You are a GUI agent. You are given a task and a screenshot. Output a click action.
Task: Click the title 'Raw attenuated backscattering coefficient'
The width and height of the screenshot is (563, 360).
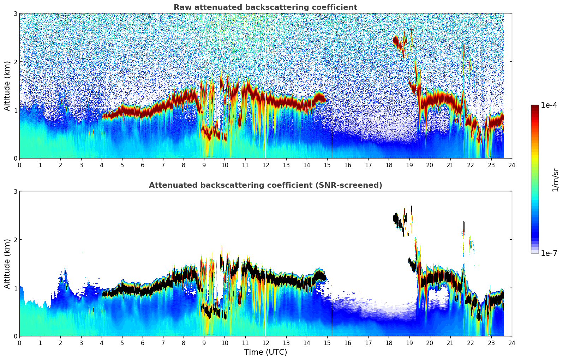265,7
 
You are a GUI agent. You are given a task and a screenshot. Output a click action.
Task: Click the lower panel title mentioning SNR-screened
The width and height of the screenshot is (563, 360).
265,185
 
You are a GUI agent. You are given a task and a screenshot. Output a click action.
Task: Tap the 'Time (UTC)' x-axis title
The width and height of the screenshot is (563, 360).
265,352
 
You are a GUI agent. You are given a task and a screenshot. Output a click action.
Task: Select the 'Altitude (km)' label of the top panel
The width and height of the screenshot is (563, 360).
7,86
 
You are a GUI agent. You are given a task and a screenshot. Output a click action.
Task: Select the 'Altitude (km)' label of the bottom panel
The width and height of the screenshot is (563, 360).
7,264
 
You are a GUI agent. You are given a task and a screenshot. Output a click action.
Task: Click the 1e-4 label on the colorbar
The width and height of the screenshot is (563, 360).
549,105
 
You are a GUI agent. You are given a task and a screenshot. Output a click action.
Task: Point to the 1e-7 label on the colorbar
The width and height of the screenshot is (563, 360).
549,253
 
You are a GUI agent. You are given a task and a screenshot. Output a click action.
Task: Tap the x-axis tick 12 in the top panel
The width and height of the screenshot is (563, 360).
265,165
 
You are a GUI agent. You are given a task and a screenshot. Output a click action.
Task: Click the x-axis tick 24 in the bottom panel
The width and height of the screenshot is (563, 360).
511,343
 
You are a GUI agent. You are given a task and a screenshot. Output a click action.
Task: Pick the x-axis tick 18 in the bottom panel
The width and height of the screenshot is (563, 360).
389,343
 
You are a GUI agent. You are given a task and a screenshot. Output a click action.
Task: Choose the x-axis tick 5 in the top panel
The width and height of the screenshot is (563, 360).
122,165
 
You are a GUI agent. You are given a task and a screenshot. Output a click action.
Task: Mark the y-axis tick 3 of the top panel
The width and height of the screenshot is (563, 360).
15,13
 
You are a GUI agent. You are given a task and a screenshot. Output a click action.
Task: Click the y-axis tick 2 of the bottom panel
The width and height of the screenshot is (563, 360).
15,240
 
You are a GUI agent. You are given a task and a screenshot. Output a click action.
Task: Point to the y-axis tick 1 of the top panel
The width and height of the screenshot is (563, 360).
15,110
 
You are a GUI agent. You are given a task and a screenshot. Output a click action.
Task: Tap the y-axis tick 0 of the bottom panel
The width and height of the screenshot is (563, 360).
15,336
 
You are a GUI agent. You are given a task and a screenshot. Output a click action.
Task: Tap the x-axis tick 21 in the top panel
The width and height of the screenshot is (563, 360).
450,165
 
